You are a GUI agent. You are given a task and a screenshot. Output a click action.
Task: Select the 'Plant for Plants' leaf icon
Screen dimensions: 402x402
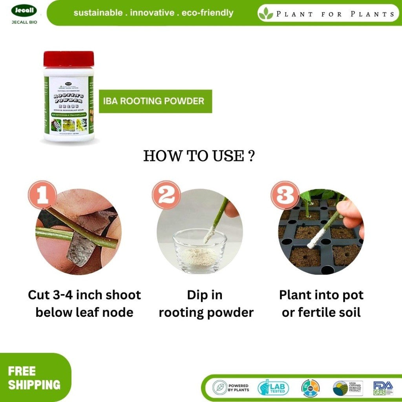266,13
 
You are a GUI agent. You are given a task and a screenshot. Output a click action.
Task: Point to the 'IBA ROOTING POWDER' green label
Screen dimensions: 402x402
155,101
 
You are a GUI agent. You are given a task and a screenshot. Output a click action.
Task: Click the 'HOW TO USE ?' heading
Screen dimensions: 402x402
199,156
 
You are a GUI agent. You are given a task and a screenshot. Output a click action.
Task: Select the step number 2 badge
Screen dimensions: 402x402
166,195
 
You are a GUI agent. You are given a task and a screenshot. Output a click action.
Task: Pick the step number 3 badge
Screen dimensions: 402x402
285,195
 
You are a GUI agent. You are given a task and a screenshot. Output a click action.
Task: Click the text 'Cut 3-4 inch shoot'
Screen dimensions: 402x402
84,295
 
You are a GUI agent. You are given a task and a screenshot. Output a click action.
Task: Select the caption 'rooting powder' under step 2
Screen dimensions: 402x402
206,312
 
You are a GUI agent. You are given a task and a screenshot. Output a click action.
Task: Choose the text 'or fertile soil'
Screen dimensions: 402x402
321,312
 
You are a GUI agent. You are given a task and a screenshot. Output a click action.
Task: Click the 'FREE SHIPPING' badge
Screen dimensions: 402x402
34,378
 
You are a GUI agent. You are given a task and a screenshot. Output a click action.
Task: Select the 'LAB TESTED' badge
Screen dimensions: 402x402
273,388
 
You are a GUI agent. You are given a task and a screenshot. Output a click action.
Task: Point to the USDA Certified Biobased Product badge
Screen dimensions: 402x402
347,388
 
